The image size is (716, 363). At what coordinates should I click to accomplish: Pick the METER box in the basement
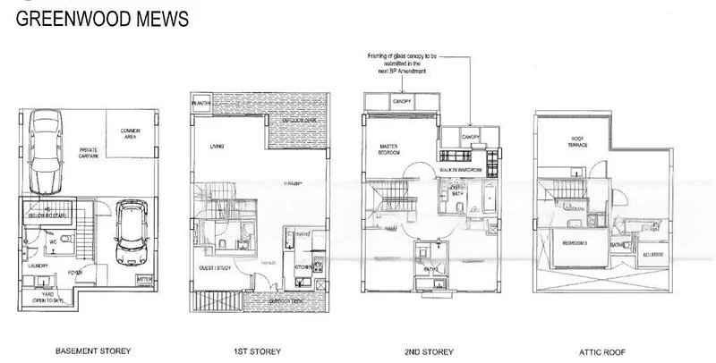142,279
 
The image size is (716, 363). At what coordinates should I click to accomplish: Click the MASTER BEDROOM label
389,150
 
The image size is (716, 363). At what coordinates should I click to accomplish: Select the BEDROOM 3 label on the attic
572,243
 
